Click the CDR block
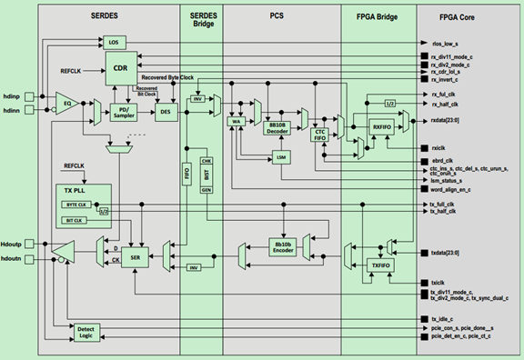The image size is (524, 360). tap(119, 66)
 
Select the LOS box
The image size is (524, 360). tap(114, 42)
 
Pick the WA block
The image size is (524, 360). tap(237, 120)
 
